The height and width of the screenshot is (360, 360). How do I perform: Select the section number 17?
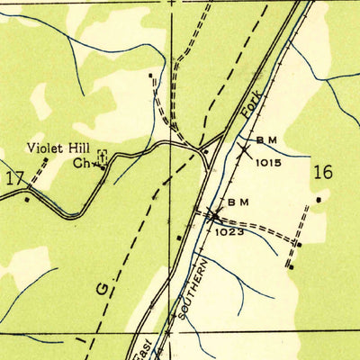tap(14, 179)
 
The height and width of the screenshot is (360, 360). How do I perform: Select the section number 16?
tap(322, 171)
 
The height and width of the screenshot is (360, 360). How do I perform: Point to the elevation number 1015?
tap(268, 163)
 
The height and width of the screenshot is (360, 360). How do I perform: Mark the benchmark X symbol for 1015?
tap(241, 151)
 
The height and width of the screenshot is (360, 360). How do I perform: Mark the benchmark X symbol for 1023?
tap(212, 215)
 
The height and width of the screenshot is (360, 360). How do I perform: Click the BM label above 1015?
tap(266, 141)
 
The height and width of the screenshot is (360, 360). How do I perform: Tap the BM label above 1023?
tap(237, 202)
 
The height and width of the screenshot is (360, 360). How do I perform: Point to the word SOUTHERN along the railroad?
tap(198, 288)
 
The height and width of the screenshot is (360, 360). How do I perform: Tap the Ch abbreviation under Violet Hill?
tap(81, 164)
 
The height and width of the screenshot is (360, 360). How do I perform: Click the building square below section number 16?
tap(319, 199)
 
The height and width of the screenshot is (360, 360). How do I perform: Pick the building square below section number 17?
tap(26, 198)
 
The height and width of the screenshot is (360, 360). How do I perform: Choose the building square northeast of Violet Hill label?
tap(150, 76)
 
